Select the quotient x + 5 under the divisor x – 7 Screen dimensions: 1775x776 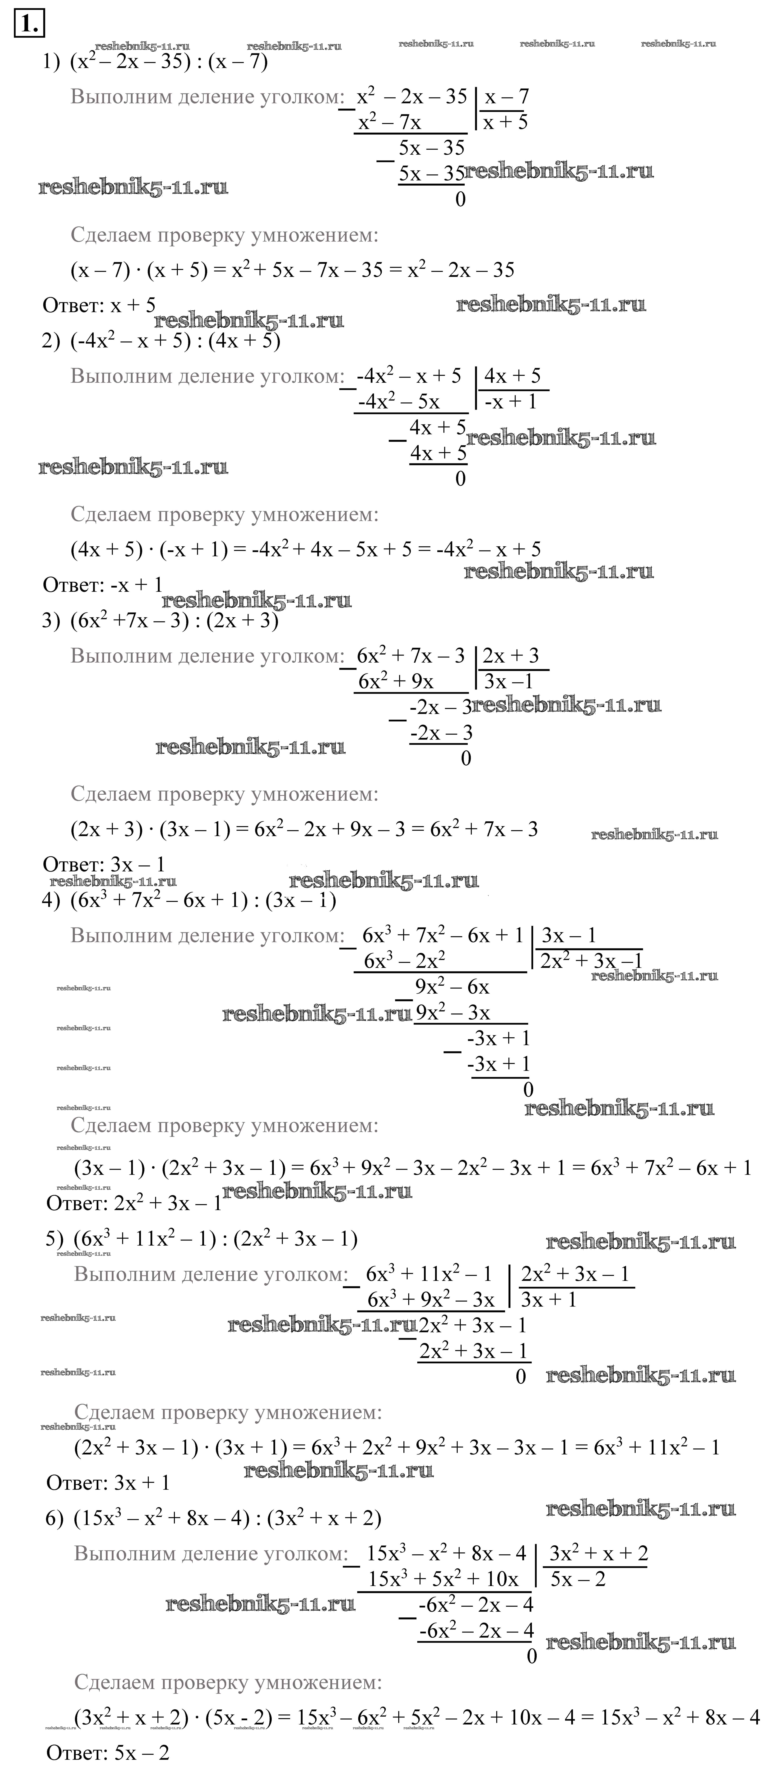click(x=505, y=123)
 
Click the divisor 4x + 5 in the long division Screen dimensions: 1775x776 click(x=512, y=376)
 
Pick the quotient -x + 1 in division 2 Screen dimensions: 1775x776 click(x=510, y=402)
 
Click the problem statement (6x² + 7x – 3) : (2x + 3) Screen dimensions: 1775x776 click(x=174, y=621)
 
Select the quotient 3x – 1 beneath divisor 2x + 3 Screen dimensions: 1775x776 click(x=509, y=681)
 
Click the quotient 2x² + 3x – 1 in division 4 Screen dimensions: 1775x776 click(x=591, y=961)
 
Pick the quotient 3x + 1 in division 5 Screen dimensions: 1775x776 click(x=549, y=1300)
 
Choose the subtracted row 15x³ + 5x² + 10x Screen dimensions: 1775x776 click(x=443, y=1579)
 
